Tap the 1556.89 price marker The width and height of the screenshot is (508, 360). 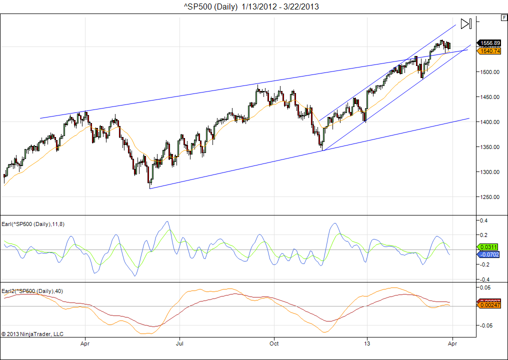coord(489,43)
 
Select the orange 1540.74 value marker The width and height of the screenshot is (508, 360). coord(489,51)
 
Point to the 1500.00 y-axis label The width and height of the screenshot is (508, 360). coord(490,72)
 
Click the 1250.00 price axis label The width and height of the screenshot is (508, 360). coord(490,197)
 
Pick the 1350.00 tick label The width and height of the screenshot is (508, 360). coord(490,147)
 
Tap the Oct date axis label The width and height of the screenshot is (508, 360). coord(273,344)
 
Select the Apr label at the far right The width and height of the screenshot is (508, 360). coord(452,344)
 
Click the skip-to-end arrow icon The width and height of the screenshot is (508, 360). coord(466,23)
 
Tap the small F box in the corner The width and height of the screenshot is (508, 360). coord(503,17)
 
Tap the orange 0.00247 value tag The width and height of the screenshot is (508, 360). coord(489,304)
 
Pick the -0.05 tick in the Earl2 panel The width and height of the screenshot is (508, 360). coord(486,325)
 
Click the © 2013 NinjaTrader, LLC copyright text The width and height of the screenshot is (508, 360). coord(32,333)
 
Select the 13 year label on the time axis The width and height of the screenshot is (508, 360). coord(367,344)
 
